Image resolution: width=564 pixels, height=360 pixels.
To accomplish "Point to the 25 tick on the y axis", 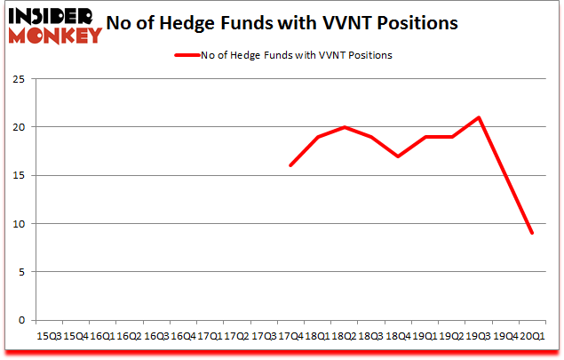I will [x=17, y=79].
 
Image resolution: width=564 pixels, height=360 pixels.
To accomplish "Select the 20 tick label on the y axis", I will [x=17, y=127].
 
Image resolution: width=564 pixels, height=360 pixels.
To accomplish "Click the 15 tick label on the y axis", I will [x=17, y=175].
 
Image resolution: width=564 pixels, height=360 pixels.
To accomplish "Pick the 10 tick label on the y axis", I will [x=17, y=224].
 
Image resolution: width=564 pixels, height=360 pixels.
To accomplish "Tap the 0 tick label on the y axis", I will [x=20, y=320].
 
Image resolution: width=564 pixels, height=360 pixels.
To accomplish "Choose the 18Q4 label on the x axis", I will [x=398, y=336].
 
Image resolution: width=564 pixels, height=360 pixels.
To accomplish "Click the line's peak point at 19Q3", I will [x=479, y=117].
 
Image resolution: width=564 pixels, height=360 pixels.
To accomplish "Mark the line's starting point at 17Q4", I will [x=290, y=165].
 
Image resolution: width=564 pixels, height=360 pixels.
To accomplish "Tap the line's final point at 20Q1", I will [x=533, y=233].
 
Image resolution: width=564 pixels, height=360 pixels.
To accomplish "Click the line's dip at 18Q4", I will [x=398, y=156].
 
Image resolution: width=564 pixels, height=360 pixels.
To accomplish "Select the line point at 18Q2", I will [x=344, y=127].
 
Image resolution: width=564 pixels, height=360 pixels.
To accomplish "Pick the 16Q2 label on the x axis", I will [x=128, y=336].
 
